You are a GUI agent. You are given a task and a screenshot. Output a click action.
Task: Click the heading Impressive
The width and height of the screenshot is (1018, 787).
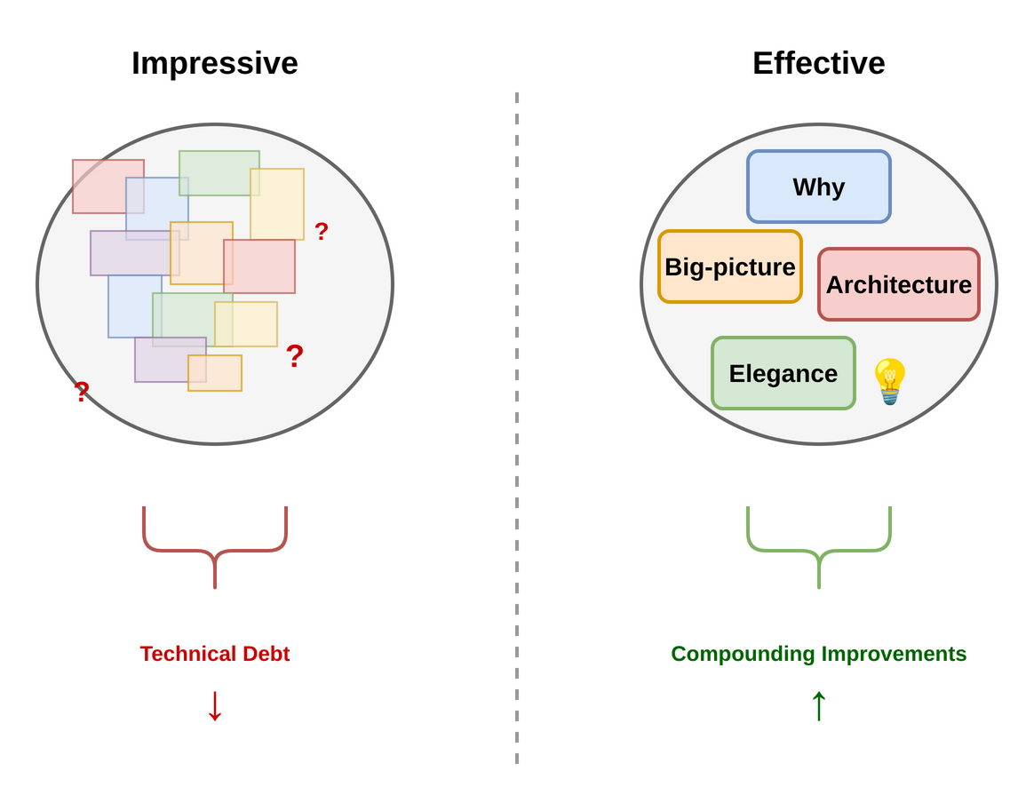pos(215,64)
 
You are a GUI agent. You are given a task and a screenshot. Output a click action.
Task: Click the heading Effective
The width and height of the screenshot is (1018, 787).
pos(818,64)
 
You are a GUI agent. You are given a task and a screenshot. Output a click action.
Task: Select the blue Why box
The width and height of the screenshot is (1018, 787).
pos(818,187)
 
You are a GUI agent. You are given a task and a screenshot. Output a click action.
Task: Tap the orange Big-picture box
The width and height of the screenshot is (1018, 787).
pos(729,266)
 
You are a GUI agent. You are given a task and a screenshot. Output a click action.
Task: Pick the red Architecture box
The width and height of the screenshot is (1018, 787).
pos(898,284)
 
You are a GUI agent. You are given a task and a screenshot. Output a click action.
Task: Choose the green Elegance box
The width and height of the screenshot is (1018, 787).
pos(783,373)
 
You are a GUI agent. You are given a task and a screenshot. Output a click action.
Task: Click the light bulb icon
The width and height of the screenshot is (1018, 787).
pos(889,380)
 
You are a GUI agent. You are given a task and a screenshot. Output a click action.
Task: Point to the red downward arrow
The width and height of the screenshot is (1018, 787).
pos(215,705)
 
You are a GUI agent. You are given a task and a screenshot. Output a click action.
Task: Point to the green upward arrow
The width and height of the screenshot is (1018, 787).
pos(818,705)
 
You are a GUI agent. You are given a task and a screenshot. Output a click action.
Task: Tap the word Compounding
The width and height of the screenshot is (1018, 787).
pos(743,654)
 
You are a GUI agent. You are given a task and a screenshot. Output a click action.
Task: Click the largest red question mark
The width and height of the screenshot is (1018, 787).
pos(294,356)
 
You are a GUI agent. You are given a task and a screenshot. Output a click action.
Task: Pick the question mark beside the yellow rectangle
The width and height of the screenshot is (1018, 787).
pos(321,232)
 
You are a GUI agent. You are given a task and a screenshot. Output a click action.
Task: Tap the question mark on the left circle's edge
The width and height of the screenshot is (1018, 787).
pos(82,391)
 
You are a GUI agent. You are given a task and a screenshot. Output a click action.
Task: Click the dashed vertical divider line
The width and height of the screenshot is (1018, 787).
pos(516,426)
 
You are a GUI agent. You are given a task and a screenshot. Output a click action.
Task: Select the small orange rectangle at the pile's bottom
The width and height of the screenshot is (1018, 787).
pos(215,373)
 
